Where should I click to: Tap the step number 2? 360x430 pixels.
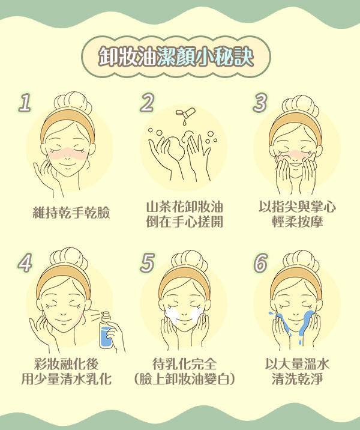tap(147, 102)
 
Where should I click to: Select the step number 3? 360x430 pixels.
tap(260, 102)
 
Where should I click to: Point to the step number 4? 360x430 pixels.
tap(25, 262)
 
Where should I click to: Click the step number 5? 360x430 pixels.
tap(147, 262)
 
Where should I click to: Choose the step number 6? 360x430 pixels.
tap(260, 262)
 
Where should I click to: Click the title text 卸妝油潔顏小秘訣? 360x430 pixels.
tap(176, 57)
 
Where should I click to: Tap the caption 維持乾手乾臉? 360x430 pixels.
tap(71, 213)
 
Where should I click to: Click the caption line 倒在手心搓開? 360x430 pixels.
tap(184, 222)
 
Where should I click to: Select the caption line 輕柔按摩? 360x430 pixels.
tap(297, 222)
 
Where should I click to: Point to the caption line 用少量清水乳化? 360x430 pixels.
tap(67, 380)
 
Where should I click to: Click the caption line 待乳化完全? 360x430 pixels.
tap(184, 364)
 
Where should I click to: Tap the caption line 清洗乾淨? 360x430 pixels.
tap(297, 380)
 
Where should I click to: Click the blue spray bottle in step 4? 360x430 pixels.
tap(106, 330)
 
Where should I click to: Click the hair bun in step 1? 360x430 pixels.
tap(73, 101)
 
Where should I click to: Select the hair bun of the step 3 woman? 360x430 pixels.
tap(301, 105)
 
